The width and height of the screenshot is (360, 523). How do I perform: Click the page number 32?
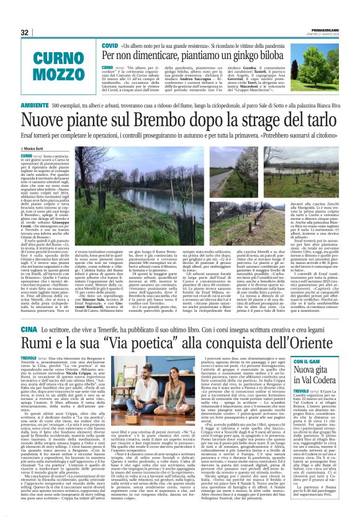[25, 32]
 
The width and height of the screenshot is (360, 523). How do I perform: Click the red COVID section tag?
[110, 45]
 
